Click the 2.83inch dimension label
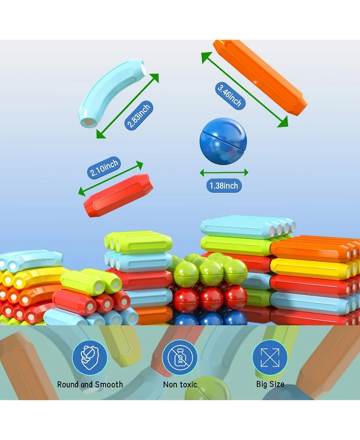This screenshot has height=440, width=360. tap(139, 115)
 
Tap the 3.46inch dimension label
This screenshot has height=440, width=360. tap(230, 95)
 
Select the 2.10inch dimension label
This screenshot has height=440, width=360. tap(104, 168)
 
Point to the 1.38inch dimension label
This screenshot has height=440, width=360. tap(224, 186)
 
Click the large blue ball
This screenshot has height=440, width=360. tap(223, 141)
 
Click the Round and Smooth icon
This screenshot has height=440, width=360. tap(90, 358)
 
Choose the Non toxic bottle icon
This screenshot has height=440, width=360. tap(180, 358)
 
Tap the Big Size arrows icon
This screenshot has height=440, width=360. tap(270, 358)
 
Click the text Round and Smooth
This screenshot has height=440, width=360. tap(90, 385)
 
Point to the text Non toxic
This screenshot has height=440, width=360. tap(180, 385)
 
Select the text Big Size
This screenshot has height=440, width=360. tap(270, 384)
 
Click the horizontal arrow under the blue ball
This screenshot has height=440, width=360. tap(224, 172)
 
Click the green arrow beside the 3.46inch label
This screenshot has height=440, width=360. tap(245, 90)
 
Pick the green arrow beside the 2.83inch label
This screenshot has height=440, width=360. tap(127, 106)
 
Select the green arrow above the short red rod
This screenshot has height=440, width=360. tap(110, 178)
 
